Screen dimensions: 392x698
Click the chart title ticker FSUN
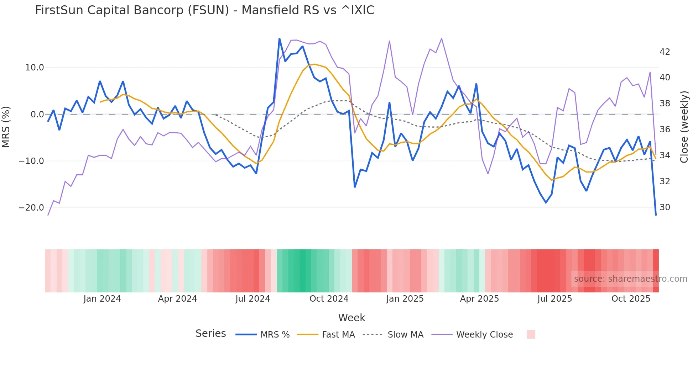coord(208,10)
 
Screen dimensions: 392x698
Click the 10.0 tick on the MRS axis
coord(35,68)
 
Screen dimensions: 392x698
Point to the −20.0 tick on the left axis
coord(31,208)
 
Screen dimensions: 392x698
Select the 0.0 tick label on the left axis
coord(37,115)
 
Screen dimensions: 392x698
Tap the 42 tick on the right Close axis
coord(665,52)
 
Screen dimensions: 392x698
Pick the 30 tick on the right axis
coord(665,207)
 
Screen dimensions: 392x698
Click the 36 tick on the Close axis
coord(665,129)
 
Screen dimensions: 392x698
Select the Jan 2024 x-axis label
coord(102,299)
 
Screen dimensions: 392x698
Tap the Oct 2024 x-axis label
coord(329,299)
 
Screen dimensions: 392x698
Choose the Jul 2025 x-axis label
coord(554,299)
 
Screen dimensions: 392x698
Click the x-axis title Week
coord(351,318)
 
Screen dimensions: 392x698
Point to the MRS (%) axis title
coord(6,127)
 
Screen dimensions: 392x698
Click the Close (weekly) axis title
coord(684,127)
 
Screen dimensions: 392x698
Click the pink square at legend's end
coord(531,334)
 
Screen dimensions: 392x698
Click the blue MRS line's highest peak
coord(280,39)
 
